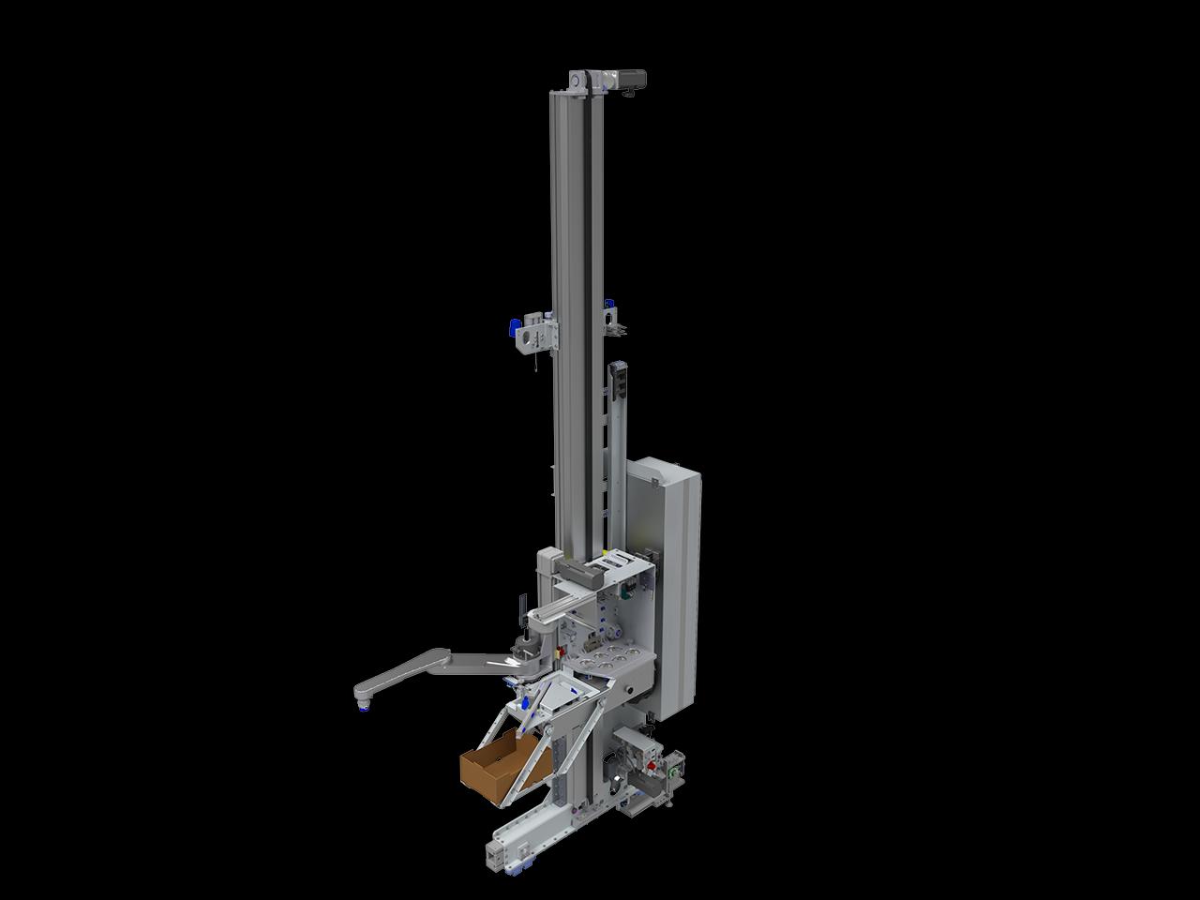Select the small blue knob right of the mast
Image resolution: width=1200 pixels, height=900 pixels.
(610, 303)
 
